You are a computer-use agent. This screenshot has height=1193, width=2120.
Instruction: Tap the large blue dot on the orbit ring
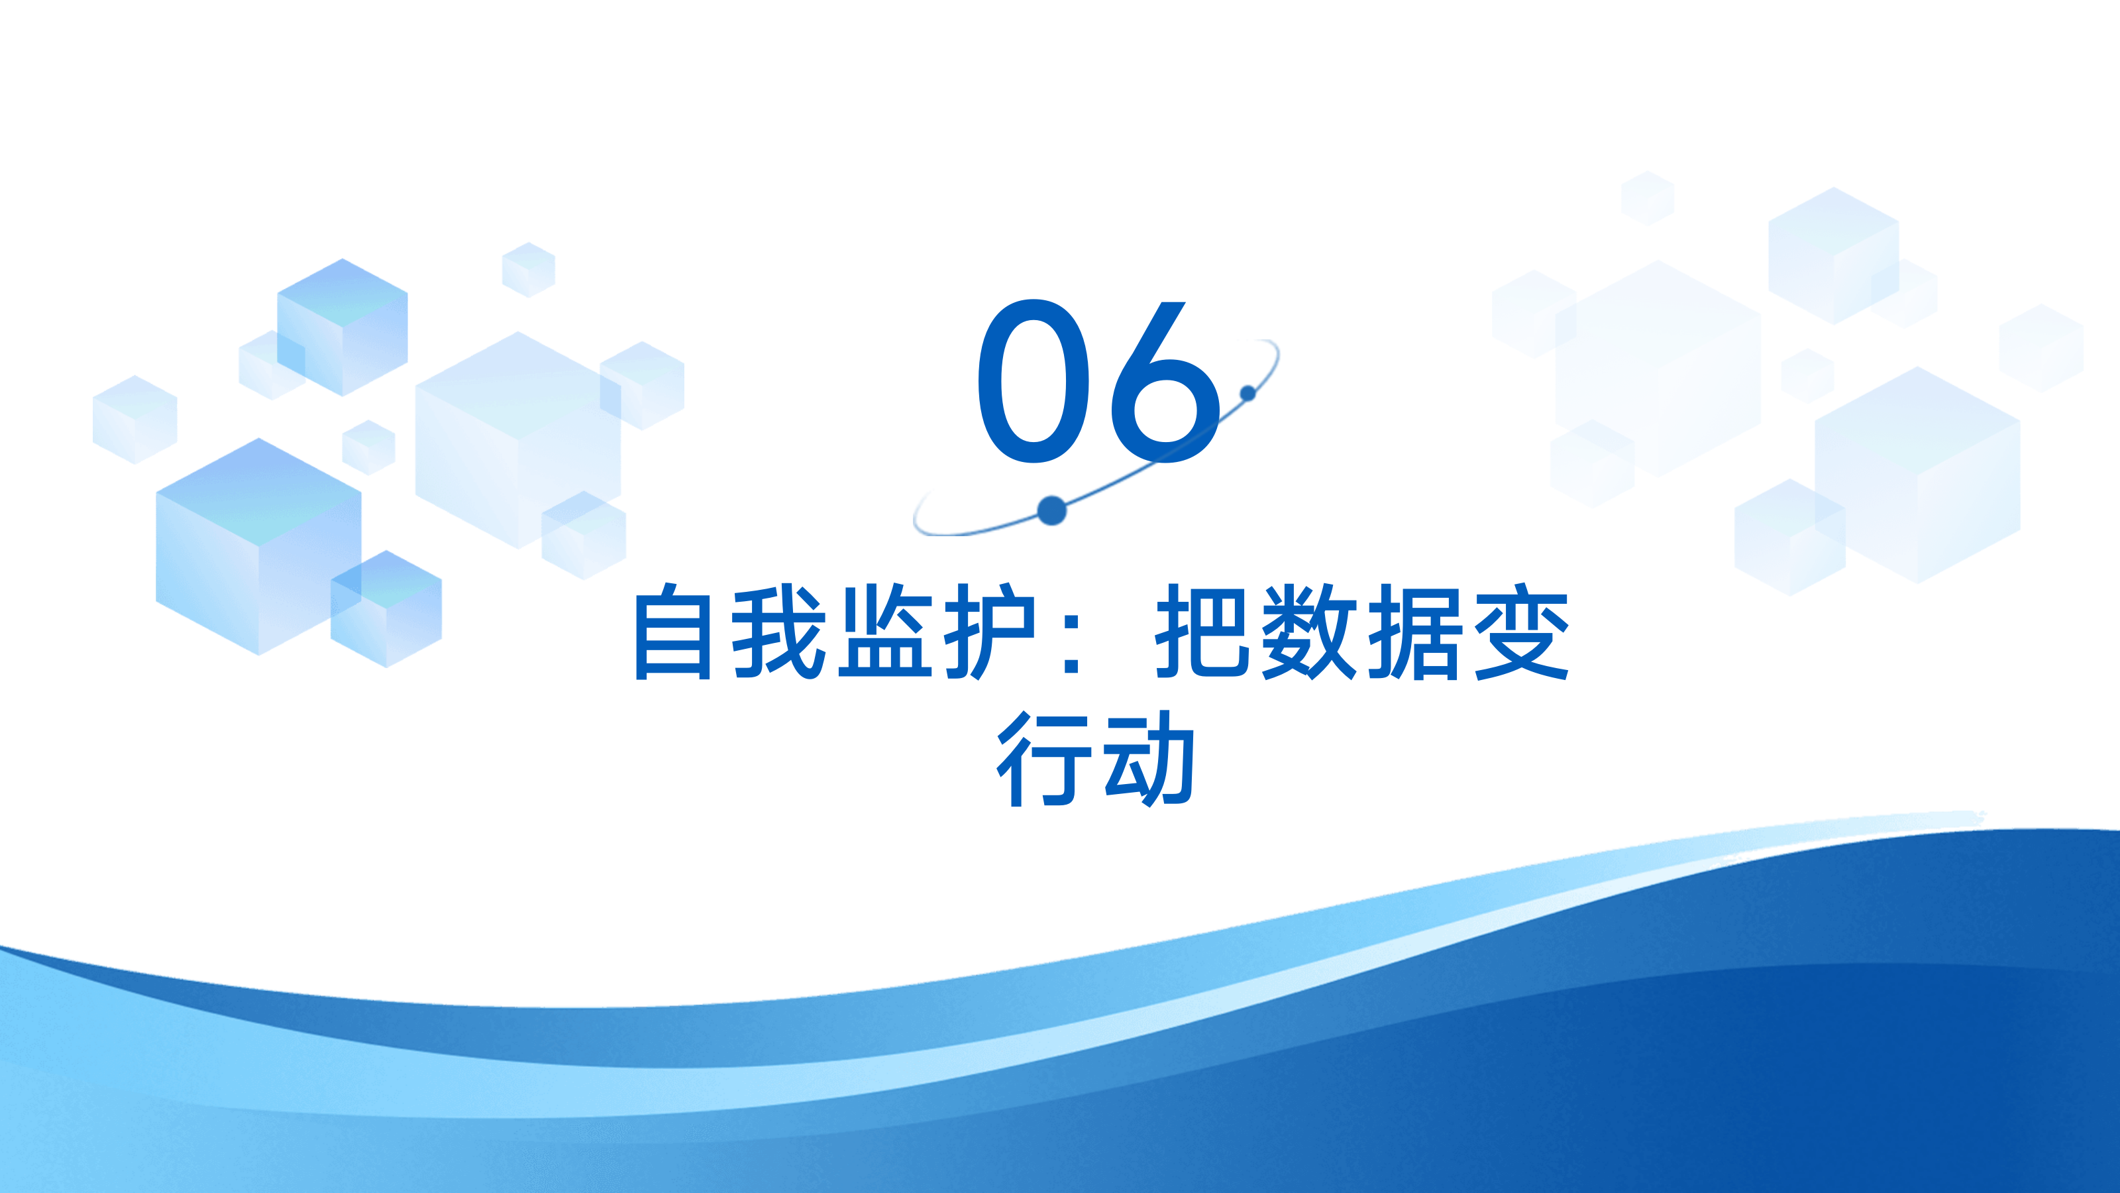point(1052,510)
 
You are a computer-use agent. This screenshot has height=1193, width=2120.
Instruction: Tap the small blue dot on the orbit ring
point(1247,394)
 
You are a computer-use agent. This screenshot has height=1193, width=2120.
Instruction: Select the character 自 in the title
point(672,632)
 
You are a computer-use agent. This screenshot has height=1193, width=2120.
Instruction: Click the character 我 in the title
point(778,632)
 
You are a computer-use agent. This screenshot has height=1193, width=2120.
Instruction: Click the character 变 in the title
point(1521,632)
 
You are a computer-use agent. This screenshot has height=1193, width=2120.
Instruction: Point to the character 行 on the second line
point(1043,758)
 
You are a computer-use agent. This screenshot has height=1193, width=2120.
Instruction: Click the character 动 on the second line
point(1149,758)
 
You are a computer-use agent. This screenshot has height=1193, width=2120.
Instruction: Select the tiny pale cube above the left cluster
point(529,269)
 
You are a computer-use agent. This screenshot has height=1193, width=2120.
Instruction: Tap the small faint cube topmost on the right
point(1648,198)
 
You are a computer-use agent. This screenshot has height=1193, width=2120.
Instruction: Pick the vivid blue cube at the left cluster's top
point(343,327)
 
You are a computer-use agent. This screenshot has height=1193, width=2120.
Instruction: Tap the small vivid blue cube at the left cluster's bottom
point(386,608)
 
